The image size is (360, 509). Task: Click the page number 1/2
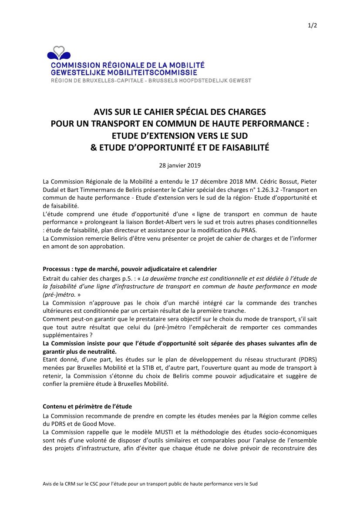click(313, 25)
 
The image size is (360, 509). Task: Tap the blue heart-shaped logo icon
click(59, 54)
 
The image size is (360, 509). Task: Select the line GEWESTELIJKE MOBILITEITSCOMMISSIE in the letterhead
click(124, 72)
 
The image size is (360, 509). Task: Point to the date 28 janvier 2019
click(180, 165)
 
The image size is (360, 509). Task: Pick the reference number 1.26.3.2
click(233, 190)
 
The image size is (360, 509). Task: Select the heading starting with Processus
click(130, 269)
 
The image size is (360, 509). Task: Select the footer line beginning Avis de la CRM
click(150, 484)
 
